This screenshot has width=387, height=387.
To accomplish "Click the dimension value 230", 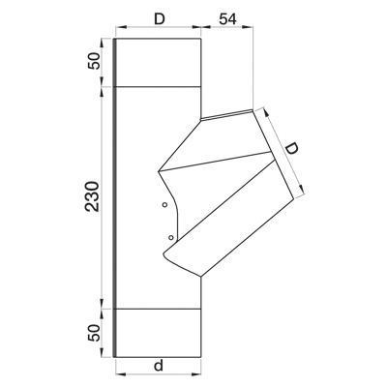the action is (92, 196).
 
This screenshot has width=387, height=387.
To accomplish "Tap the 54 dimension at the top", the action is (227, 19).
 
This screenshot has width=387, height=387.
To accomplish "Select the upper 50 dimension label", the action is (93, 61).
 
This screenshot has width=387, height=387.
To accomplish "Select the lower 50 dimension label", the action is (93, 333).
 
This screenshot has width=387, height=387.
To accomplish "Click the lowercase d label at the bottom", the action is (158, 366).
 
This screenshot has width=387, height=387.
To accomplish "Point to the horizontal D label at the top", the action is (159, 19).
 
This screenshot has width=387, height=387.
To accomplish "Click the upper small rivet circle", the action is (164, 204).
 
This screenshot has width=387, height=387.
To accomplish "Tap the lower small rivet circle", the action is (171, 238).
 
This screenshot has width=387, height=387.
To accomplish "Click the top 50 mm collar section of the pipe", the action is (159, 63).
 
